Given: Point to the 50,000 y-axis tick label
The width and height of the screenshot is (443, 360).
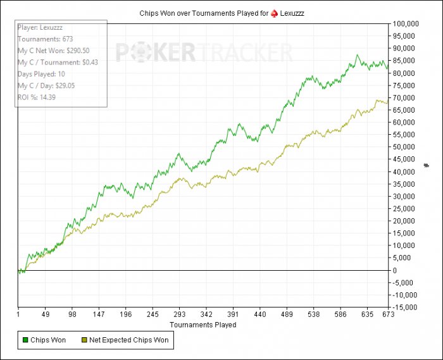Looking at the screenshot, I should coord(405,147).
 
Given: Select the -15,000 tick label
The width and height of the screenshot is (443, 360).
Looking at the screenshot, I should coord(406,307).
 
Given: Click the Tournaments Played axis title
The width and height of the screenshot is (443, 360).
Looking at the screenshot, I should coord(203,325).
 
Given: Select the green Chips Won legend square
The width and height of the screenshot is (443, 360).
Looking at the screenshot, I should coord(25,340).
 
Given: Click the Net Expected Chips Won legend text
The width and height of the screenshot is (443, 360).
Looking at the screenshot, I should coord(129,340).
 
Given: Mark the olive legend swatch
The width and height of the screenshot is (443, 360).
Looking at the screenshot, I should coord(84,340).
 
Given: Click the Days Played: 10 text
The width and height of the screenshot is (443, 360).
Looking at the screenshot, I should coord(43,74).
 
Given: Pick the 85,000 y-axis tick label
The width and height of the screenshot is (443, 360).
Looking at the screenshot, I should coord(405,61).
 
